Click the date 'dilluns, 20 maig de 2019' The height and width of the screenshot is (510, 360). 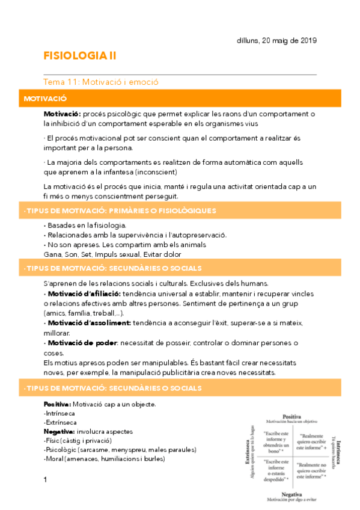point(276,40)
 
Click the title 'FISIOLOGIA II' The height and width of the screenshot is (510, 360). point(80,56)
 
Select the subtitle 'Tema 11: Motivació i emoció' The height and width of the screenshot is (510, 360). point(101,82)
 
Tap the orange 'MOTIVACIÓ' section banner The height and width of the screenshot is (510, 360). point(45,97)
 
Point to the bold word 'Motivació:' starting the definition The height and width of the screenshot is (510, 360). point(62,114)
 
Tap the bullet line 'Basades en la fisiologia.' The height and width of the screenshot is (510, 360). point(82,225)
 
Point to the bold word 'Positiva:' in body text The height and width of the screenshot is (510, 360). point(58,404)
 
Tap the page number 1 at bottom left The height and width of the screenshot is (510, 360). point(46,480)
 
